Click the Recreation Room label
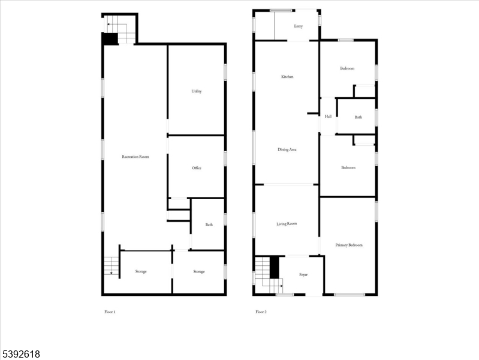pyautogui.click(x=135, y=157)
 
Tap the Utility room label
pyautogui.click(x=197, y=91)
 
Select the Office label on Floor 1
pyautogui.click(x=197, y=168)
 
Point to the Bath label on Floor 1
pyautogui.click(x=209, y=225)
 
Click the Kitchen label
pyautogui.click(x=287, y=77)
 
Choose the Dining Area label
pyautogui.click(x=287, y=149)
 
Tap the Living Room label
pyautogui.click(x=287, y=224)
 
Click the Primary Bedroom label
pyautogui.click(x=348, y=245)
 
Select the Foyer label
pyautogui.click(x=303, y=275)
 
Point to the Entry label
pyautogui.click(x=298, y=26)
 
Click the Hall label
pyautogui.click(x=328, y=116)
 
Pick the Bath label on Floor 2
pyautogui.click(x=358, y=117)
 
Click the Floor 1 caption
pyautogui.click(x=110, y=312)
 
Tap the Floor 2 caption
pyautogui.click(x=261, y=312)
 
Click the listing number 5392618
pyautogui.click(x=21, y=354)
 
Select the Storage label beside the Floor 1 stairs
pyautogui.click(x=141, y=272)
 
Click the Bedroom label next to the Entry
pyautogui.click(x=347, y=68)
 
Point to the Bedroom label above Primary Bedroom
pyautogui.click(x=348, y=167)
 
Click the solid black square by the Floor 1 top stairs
pyautogui.click(x=110, y=39)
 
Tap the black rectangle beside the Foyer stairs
pyautogui.click(x=275, y=267)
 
